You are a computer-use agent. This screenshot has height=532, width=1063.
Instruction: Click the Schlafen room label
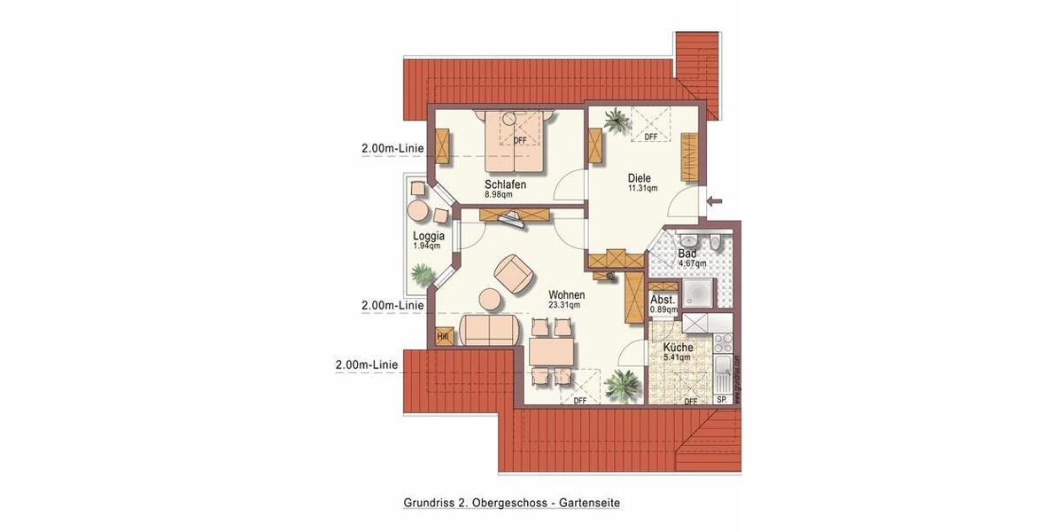[x=505, y=184]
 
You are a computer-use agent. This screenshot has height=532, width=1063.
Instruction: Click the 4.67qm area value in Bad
[x=692, y=263]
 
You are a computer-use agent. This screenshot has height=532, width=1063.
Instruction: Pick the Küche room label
[x=678, y=348]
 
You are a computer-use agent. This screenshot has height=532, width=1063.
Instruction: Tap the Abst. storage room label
[x=663, y=300]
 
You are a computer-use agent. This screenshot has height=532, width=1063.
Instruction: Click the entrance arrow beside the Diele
[x=716, y=201]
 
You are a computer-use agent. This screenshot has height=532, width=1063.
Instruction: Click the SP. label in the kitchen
[x=721, y=400]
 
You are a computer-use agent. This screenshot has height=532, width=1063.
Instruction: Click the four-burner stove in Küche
[x=722, y=342]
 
